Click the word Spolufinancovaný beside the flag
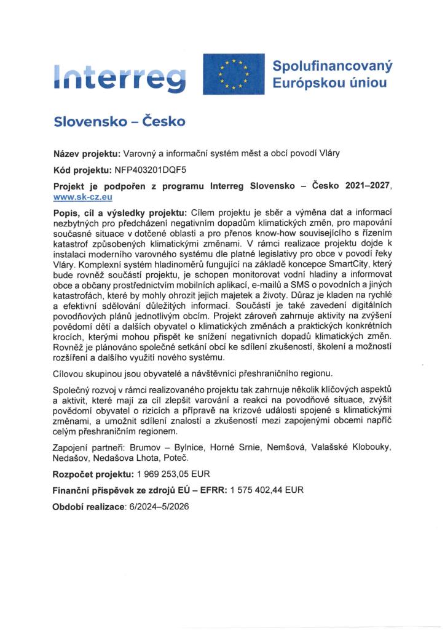coord(332,65)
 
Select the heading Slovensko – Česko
coord(119,121)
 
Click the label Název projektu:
coord(87,154)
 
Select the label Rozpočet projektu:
coord(93,475)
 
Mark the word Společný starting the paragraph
coord(76,391)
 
